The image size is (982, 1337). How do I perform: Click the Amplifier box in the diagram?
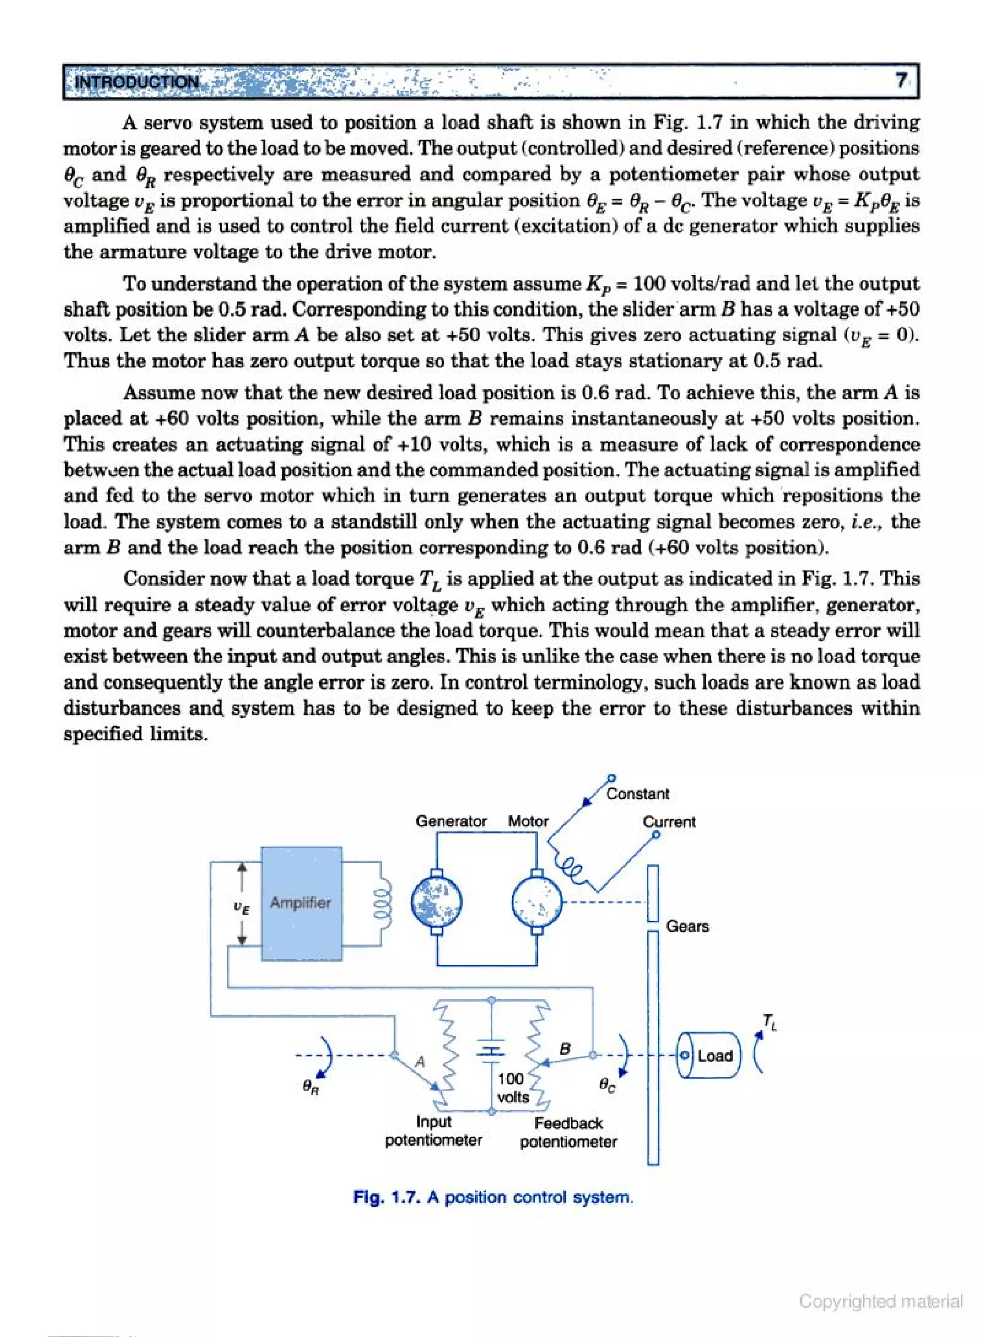click(x=302, y=903)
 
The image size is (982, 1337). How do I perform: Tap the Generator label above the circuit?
click(x=451, y=821)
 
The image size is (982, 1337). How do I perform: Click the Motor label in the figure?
click(x=527, y=821)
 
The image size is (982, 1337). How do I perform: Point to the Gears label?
click(x=687, y=926)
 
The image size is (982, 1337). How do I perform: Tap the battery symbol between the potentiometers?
click(x=491, y=1051)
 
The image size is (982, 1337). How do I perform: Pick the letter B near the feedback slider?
click(x=565, y=1048)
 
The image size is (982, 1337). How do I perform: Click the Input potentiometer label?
click(x=433, y=1131)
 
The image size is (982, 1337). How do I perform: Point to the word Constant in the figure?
click(x=637, y=794)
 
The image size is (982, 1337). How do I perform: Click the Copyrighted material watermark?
click(x=880, y=1302)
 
